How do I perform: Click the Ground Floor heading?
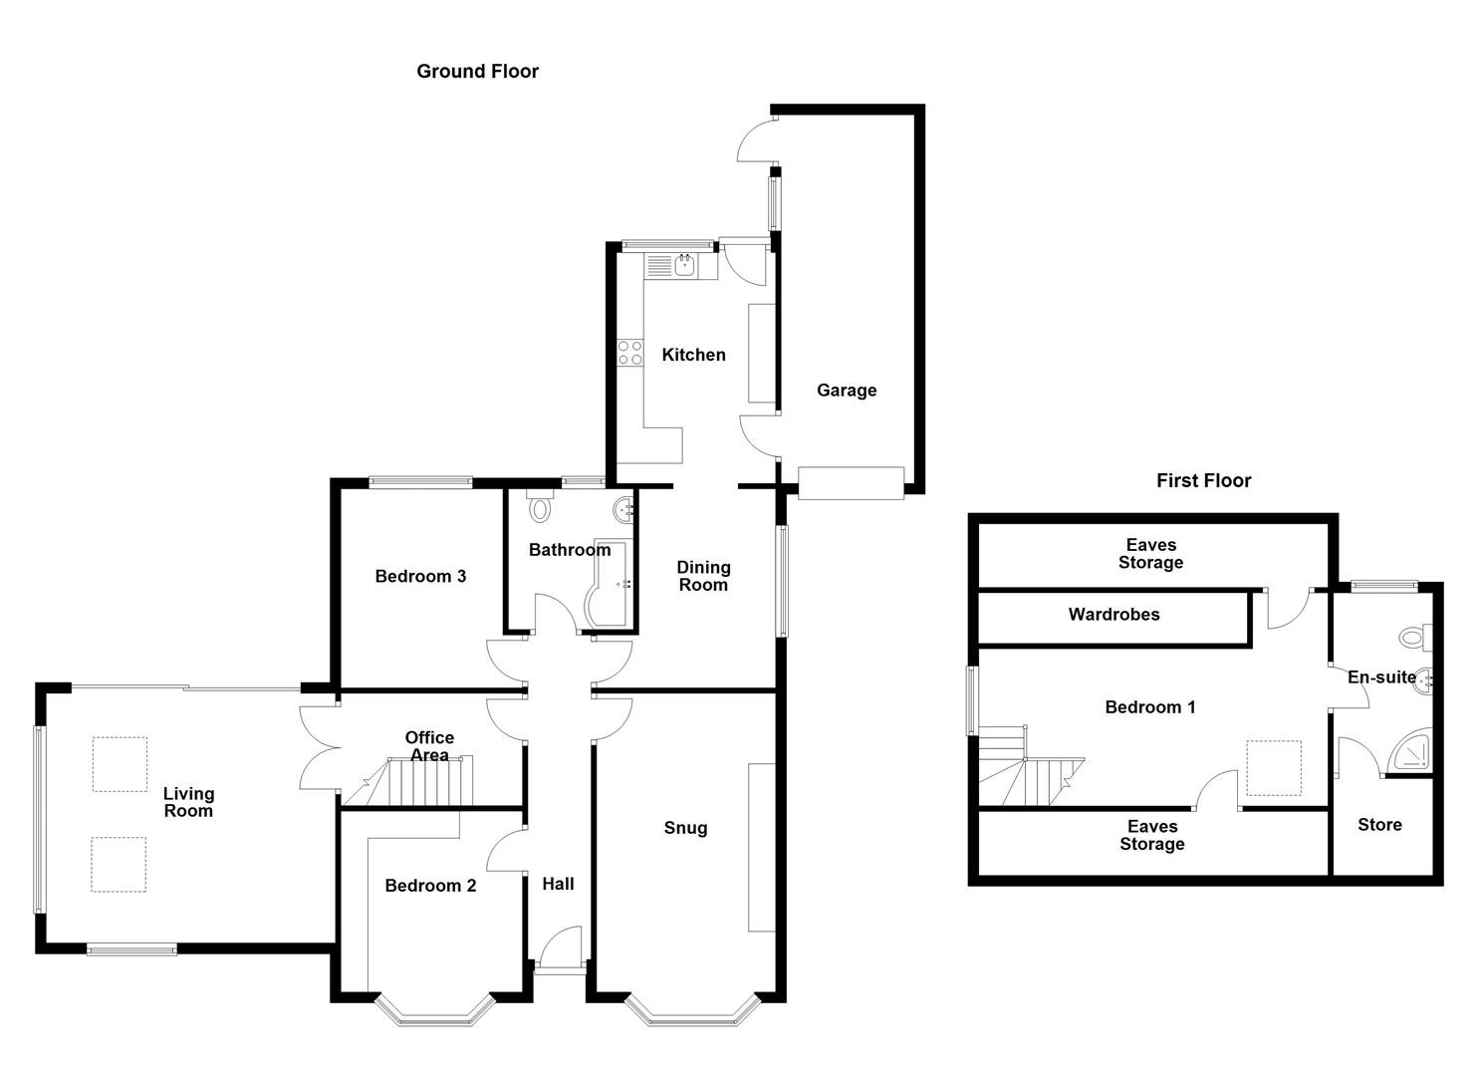[x=477, y=72]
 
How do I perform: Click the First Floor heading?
[x=1203, y=480]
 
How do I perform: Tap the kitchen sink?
[x=683, y=265]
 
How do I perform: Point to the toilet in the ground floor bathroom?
[x=540, y=508]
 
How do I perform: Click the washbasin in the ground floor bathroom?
[x=623, y=510]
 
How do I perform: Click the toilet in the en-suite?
[x=1413, y=636]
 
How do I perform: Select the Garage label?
[x=847, y=391]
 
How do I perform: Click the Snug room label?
[x=685, y=828]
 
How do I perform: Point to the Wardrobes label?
[x=1113, y=615]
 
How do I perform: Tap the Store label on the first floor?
[x=1379, y=825]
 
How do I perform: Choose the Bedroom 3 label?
[x=420, y=576]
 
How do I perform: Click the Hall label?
[x=558, y=884]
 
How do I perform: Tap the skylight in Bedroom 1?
[x=1273, y=767]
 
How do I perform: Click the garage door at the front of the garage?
[x=851, y=483]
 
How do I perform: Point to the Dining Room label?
[x=703, y=576]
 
